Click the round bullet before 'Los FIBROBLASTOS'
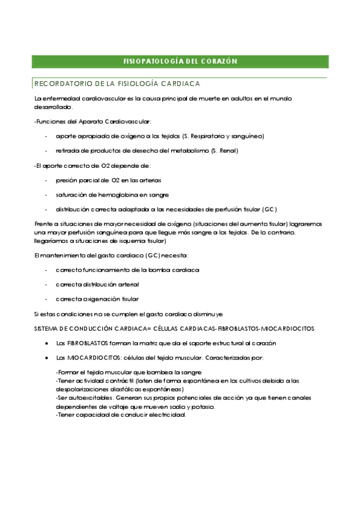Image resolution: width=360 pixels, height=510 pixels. [x=47, y=343]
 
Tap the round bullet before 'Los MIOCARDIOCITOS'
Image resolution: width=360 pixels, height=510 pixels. [x=47, y=358]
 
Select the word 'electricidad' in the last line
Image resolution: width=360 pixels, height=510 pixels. [x=168, y=415]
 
